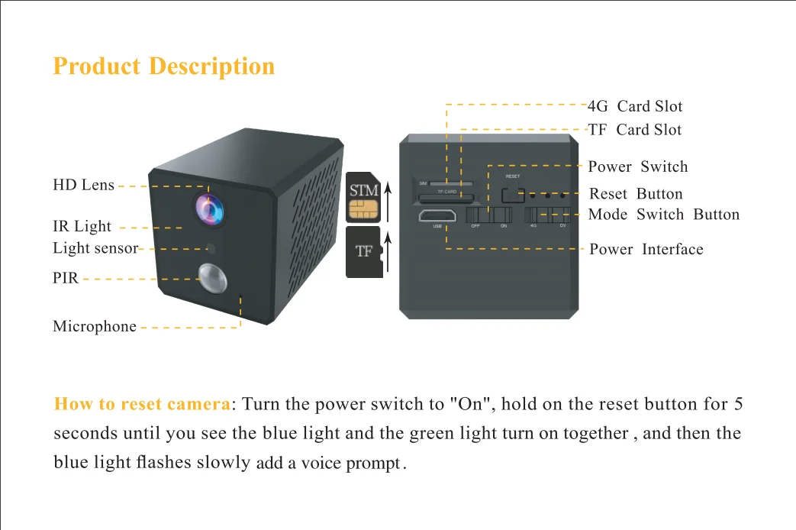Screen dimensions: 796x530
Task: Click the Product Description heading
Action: (163, 66)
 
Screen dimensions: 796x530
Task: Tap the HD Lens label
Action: (83, 185)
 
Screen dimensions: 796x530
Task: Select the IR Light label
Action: (82, 227)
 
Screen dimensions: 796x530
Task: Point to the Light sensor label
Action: (95, 248)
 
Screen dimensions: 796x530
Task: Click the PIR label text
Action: (66, 279)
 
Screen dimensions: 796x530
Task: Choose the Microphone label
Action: (95, 327)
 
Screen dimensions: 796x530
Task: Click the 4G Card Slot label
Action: (635, 106)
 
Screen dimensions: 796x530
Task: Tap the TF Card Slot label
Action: (634, 130)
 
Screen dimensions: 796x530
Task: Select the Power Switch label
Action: (637, 166)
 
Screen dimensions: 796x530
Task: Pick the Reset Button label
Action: (636, 194)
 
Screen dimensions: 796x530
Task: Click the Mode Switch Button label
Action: (663, 215)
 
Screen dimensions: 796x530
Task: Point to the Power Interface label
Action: (646, 250)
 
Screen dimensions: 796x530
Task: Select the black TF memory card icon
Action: (363, 251)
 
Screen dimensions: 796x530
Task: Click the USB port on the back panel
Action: (437, 215)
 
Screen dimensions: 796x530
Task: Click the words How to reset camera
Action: (142, 404)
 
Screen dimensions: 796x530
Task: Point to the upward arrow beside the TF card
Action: (388, 255)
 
